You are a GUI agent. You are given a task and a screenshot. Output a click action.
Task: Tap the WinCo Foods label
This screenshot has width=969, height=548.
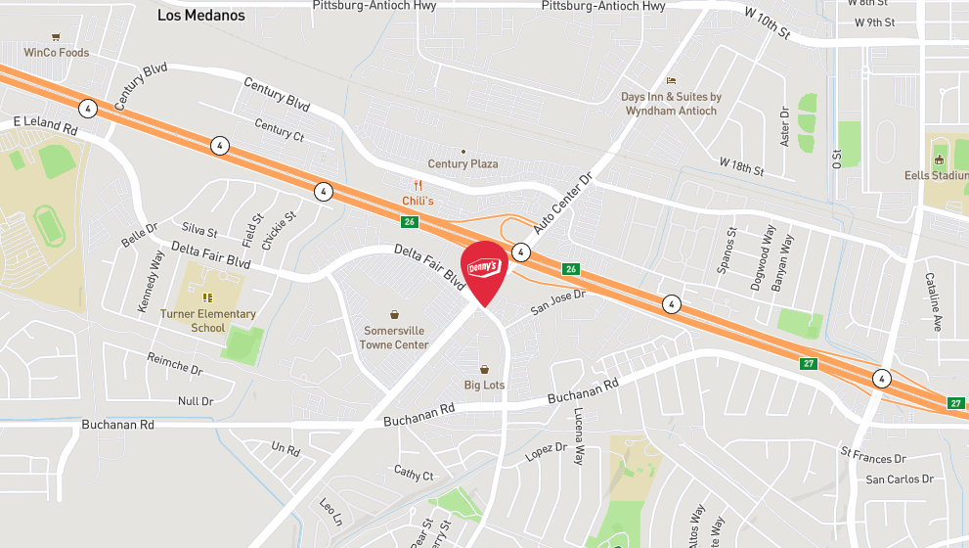(56, 53)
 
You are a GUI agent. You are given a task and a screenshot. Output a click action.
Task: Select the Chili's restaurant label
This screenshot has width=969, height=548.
(418, 201)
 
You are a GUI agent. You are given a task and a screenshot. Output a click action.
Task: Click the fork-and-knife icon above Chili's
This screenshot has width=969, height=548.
(418, 185)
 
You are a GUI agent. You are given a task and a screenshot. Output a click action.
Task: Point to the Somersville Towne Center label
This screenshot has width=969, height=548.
(394, 338)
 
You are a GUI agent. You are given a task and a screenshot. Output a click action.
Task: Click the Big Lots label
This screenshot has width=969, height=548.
(484, 385)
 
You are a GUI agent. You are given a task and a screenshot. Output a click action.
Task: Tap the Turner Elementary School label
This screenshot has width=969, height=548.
(208, 321)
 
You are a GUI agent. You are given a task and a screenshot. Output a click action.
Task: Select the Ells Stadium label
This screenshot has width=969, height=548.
(938, 176)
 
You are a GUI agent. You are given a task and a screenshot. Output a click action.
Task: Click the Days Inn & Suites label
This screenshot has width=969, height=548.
(671, 104)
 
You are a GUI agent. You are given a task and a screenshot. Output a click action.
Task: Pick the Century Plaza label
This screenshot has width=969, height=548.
(462, 163)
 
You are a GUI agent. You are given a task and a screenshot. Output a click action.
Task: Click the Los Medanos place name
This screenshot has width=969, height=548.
(201, 16)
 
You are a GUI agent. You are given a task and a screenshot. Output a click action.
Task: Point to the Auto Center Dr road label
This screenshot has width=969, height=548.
(563, 205)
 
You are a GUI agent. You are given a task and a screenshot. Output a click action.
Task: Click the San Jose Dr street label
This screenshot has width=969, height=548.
(557, 301)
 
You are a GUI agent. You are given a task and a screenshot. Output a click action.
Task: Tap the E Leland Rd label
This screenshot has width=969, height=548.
(45, 126)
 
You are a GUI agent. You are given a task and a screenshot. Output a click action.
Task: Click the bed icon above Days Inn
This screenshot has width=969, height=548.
(671, 80)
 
